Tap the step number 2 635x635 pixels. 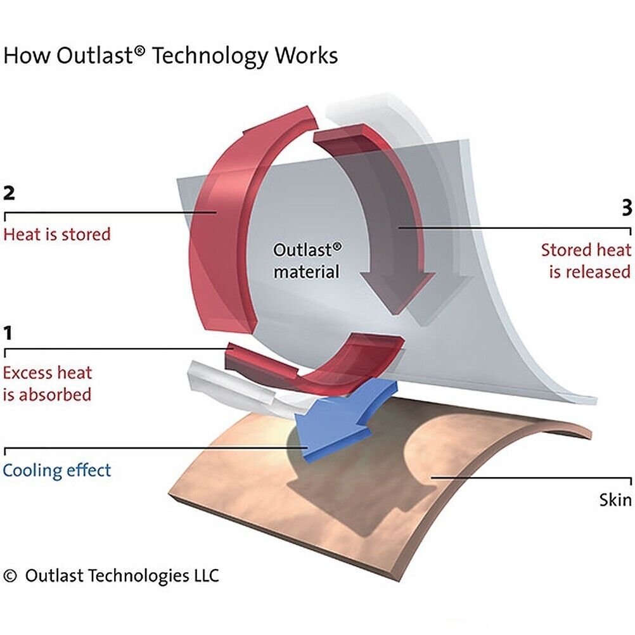click(9, 192)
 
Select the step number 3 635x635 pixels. click(626, 208)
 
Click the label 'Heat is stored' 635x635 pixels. click(57, 234)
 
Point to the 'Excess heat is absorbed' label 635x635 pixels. click(48, 383)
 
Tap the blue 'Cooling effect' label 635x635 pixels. click(57, 470)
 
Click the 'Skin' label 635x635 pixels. click(615, 499)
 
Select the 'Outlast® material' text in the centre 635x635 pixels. click(307, 260)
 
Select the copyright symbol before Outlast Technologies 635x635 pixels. click(10, 575)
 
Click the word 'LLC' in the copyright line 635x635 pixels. click(204, 575)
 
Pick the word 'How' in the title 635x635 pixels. click(27, 56)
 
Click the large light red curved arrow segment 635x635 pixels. click(219, 209)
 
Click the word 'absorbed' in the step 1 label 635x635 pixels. click(56, 394)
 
